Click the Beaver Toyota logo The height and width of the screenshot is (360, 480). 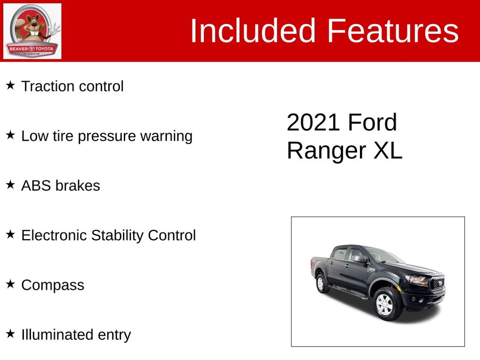click(x=32, y=31)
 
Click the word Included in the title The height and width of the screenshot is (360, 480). click(x=252, y=31)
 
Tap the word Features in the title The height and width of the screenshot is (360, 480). click(x=392, y=31)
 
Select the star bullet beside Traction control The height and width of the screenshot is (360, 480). click(x=10, y=86)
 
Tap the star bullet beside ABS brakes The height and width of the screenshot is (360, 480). click(x=10, y=185)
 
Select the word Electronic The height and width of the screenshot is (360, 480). click(x=54, y=235)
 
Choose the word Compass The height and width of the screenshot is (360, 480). click(x=53, y=285)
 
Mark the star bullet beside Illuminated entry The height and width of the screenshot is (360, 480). click(x=10, y=334)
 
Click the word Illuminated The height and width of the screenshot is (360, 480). click(x=56, y=335)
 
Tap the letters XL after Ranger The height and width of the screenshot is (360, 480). click(x=388, y=151)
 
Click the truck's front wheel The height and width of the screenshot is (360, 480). click(x=385, y=304)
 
